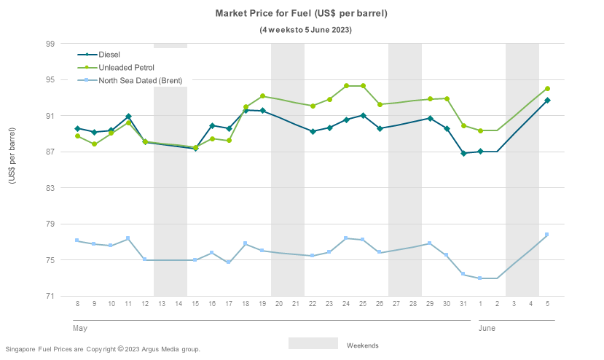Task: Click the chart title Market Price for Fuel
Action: [x=301, y=13]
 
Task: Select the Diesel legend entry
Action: [x=109, y=55]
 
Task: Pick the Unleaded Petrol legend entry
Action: [x=126, y=67]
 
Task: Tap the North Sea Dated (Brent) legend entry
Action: [x=140, y=80]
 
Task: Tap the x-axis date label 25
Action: [x=363, y=303]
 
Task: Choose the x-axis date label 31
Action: [x=463, y=303]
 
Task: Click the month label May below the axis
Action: [x=80, y=329]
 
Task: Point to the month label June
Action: [x=487, y=329]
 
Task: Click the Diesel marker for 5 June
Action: [x=547, y=101]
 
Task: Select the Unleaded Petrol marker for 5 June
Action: [x=547, y=89]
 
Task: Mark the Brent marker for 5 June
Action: [x=547, y=235]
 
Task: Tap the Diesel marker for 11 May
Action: [x=128, y=117]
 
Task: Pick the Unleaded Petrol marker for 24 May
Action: [x=346, y=86]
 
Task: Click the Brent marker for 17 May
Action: [x=229, y=262]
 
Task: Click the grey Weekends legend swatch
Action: [x=313, y=343]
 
